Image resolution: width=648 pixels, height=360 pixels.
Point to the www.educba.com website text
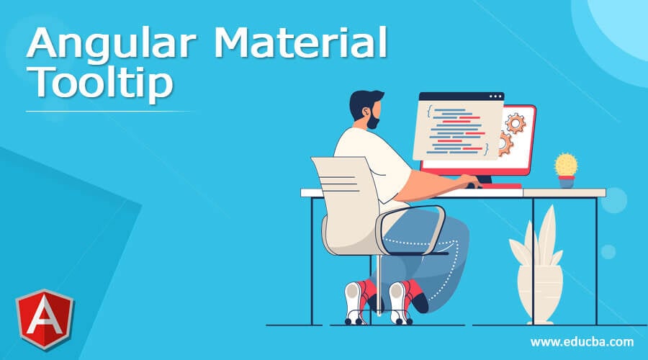(x=582, y=341)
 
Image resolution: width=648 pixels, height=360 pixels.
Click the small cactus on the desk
(x=566, y=165)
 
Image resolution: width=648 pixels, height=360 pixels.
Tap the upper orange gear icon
(x=515, y=123)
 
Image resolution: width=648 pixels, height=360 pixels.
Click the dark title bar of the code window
(x=461, y=96)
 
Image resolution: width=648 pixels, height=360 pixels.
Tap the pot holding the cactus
(x=567, y=181)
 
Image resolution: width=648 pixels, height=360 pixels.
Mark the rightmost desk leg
(x=596, y=259)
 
